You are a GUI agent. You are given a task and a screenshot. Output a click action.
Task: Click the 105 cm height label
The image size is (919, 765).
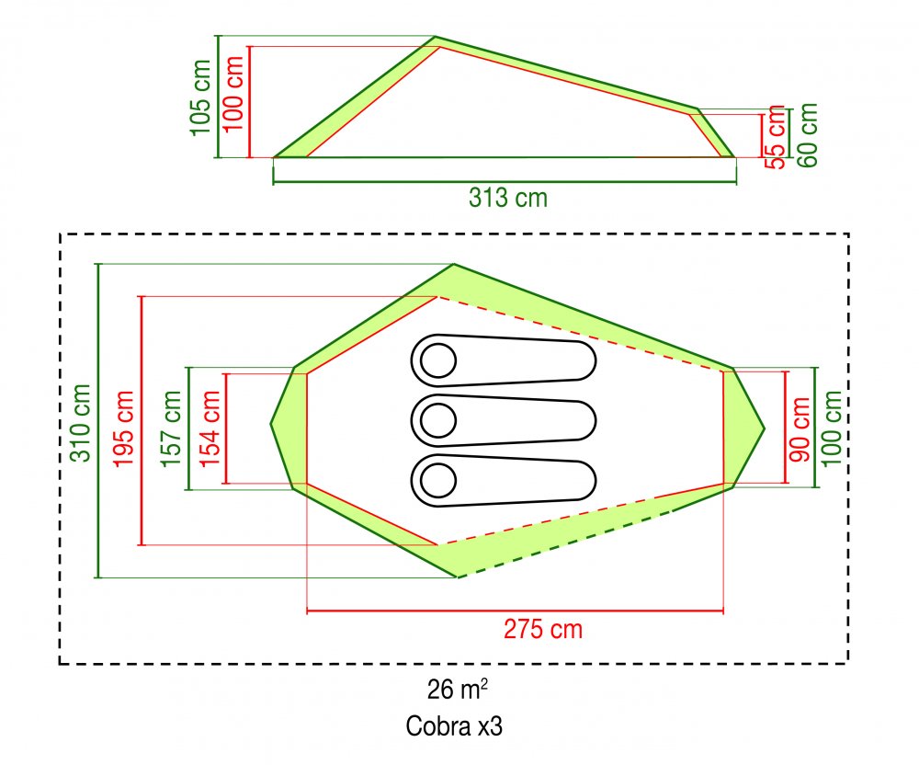coord(200,97)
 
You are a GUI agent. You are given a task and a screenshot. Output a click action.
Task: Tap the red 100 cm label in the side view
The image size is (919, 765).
coord(233,93)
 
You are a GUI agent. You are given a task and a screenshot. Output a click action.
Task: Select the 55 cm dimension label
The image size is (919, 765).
coord(776,137)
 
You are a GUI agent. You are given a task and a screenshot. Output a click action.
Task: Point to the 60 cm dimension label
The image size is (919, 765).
coord(807,135)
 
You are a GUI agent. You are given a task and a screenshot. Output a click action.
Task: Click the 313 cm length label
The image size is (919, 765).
coord(508,198)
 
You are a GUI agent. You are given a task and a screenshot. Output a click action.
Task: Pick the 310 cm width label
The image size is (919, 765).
coord(81,423)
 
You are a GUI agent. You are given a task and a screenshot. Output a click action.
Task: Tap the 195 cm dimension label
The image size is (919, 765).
coord(124,428)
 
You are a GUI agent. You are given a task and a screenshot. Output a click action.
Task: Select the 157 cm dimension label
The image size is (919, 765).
coord(171,428)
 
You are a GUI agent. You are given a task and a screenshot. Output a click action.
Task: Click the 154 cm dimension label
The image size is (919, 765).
coord(210,428)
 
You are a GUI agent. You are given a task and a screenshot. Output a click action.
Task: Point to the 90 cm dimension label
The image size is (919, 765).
coord(800,429)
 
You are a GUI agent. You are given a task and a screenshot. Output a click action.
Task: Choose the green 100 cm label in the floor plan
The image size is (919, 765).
coord(832,428)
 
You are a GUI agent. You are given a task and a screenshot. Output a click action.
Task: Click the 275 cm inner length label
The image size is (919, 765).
coord(543,630)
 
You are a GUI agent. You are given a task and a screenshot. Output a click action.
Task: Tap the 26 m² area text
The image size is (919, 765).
coord(457,689)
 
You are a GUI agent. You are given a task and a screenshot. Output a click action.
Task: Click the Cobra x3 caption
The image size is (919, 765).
coord(454,725)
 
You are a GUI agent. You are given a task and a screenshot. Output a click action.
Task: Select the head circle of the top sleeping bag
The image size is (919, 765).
coord(437,360)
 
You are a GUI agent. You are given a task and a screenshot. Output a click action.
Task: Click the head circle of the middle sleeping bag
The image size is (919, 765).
coord(437,419)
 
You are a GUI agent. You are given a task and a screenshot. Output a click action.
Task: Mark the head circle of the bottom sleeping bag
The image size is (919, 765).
coord(437,480)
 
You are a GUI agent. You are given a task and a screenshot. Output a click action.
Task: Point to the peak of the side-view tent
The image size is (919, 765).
coord(435,37)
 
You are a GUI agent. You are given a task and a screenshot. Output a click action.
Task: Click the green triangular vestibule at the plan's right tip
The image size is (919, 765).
coord(744,428)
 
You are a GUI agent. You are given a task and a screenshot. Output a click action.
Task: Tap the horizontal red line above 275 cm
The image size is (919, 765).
coord(516,611)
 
